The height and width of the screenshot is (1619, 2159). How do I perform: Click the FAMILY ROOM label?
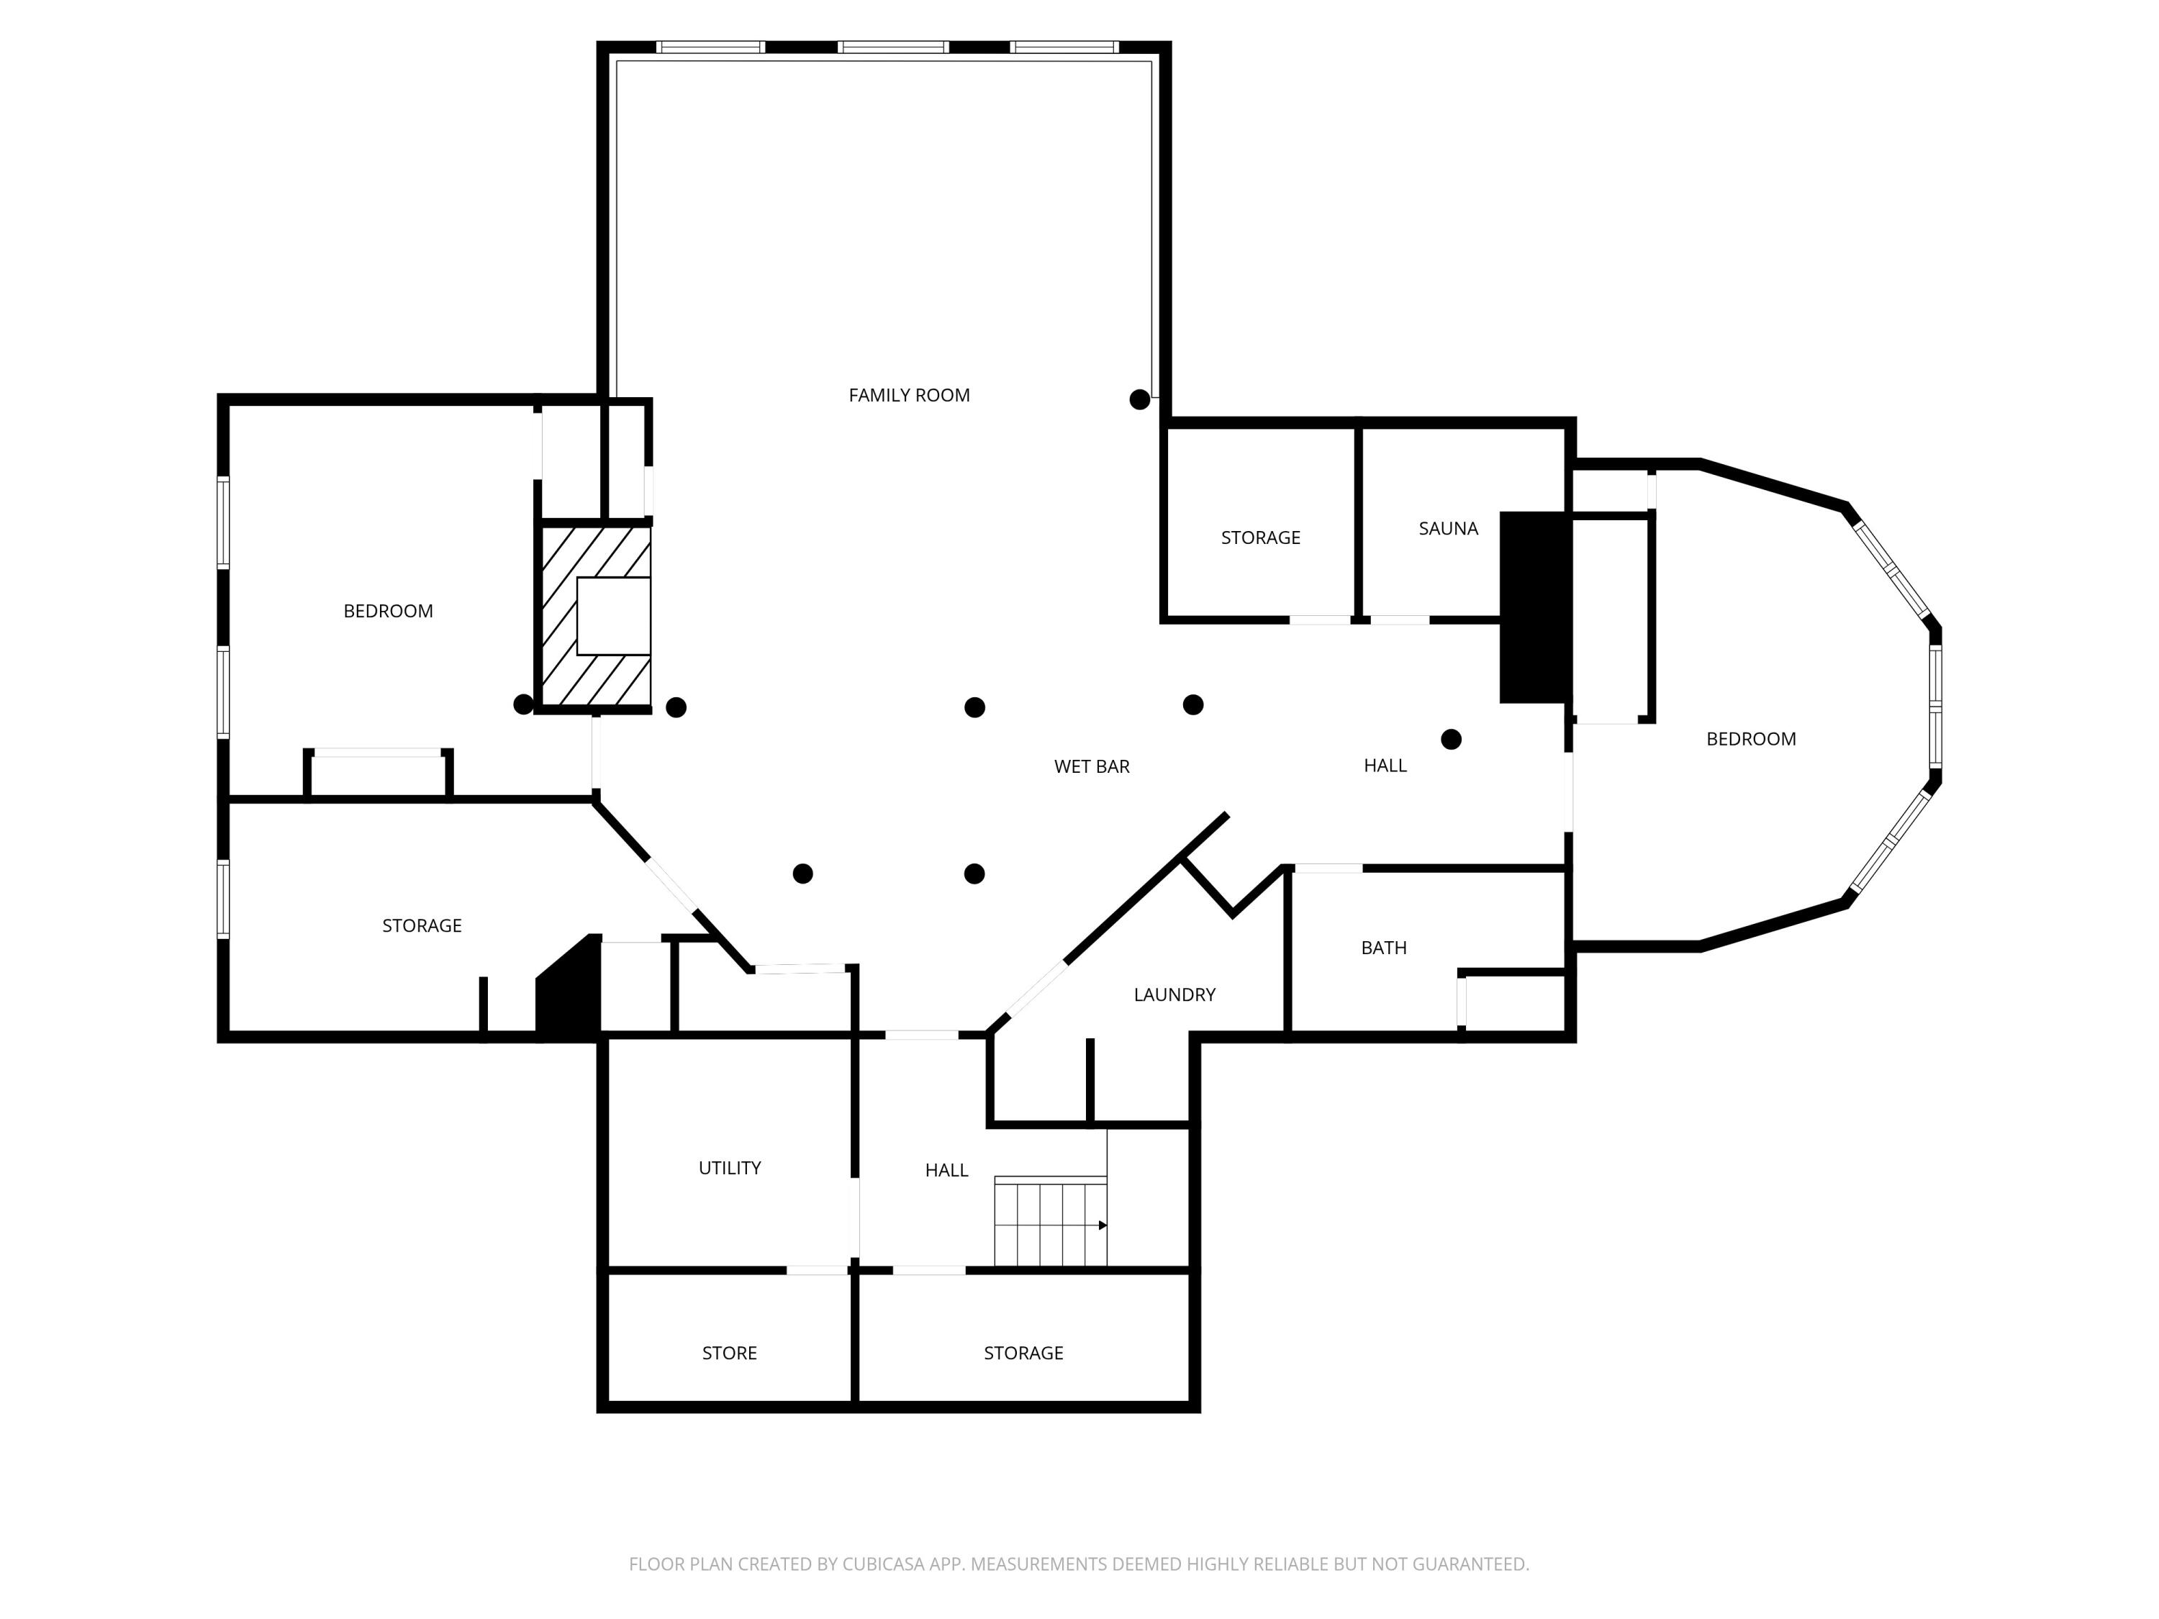909,395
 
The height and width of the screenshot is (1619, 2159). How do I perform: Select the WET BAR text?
1091,766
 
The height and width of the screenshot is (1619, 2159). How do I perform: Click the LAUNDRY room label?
1174,994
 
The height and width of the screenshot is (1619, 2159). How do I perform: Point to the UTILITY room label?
729,1167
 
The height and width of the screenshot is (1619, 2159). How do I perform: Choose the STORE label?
729,1353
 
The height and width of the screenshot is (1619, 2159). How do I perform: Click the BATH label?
1383,948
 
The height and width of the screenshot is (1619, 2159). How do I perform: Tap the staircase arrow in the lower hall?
1102,1225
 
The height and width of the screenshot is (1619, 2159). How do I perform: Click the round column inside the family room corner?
1139,399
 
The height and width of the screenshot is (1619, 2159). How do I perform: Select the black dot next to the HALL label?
1450,740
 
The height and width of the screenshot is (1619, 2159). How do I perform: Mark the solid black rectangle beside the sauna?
1534,607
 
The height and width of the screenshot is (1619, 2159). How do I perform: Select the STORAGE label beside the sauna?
1260,538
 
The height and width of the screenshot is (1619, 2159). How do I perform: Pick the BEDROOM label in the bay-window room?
1750,739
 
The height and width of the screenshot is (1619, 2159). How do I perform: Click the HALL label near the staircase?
946,1170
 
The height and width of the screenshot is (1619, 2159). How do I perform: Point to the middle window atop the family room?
893,47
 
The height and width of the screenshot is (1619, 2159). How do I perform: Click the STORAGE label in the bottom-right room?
1023,1353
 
